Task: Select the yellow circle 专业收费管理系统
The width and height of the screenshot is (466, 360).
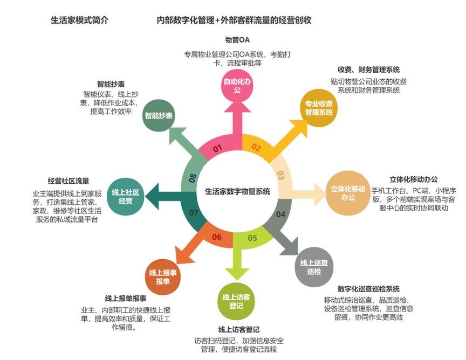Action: click(318, 108)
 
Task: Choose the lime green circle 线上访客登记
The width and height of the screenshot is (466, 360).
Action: click(236, 301)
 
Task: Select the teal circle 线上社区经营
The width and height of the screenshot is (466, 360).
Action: click(126, 197)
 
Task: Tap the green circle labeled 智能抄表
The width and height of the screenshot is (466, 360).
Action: click(159, 116)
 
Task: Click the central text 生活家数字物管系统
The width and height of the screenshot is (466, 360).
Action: click(238, 191)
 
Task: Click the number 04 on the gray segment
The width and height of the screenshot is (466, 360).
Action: click(280, 214)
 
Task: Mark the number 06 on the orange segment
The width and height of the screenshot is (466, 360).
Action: click(217, 237)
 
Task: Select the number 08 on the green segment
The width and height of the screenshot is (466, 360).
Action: click(193, 177)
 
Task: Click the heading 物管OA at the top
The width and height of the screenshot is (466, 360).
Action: click(237, 40)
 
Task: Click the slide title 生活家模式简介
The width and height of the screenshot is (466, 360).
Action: click(79, 20)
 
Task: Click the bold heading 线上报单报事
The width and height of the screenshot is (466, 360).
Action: click(126, 298)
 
